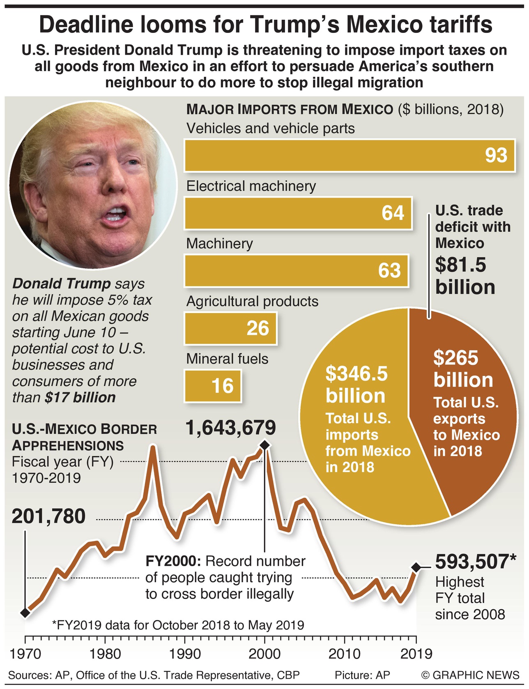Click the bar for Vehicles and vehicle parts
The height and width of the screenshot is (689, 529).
[349, 155]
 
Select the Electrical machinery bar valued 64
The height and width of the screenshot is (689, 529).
[298, 213]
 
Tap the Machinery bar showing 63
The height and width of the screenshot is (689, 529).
[296, 270]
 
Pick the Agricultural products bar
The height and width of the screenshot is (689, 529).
[230, 328]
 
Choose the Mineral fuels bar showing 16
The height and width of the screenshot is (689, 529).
[213, 385]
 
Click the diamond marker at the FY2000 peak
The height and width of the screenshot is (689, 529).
[265, 445]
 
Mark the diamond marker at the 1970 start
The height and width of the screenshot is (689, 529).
[25, 613]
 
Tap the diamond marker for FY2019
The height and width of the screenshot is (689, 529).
[416, 567]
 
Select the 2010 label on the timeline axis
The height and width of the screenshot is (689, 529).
[344, 654]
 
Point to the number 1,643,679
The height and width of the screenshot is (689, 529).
[230, 428]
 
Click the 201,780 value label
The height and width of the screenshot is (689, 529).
[48, 516]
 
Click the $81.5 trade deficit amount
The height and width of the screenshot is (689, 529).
[461, 265]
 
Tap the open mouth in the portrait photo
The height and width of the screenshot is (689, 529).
[116, 214]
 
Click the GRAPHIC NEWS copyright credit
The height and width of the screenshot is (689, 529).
[470, 675]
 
